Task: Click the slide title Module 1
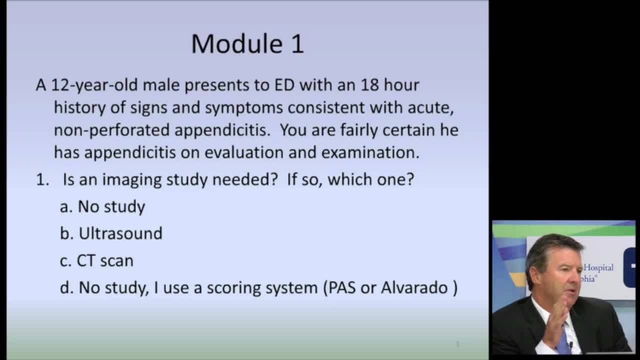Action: coord(247,44)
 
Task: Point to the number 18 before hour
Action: coord(369,85)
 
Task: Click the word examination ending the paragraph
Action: coord(370,152)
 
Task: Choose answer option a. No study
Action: coord(102,206)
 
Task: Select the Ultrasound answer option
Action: coord(120,233)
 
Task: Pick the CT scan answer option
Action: coord(104,260)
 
